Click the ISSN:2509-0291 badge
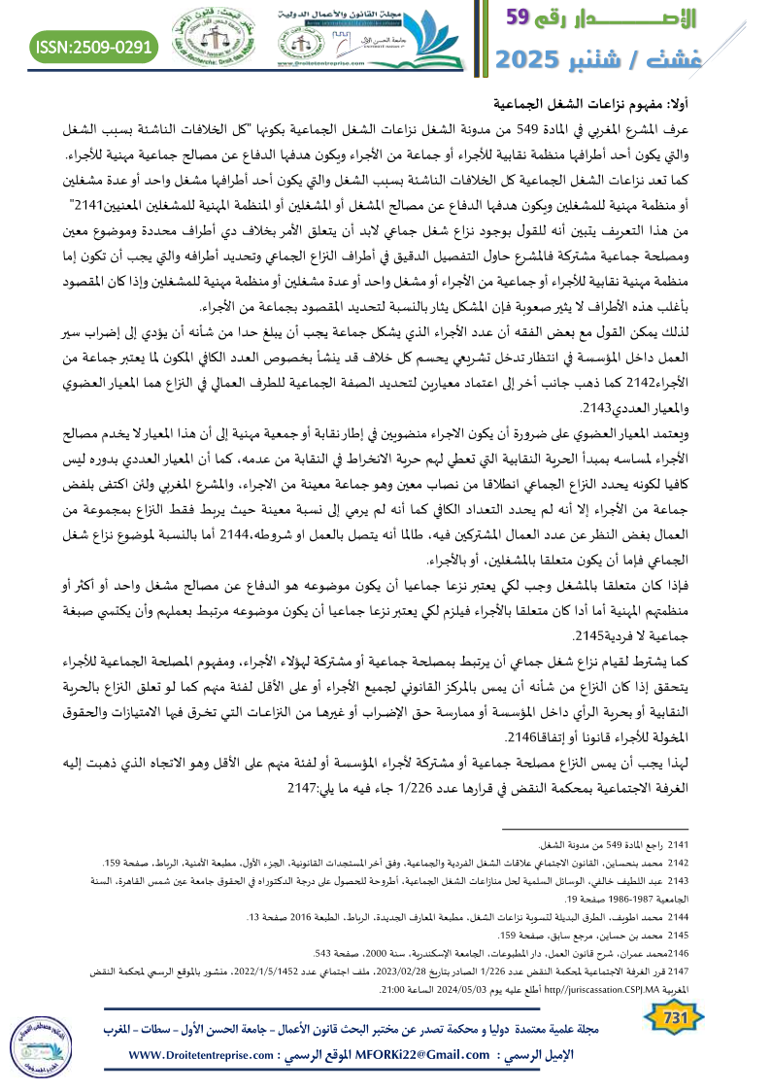(95, 46)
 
